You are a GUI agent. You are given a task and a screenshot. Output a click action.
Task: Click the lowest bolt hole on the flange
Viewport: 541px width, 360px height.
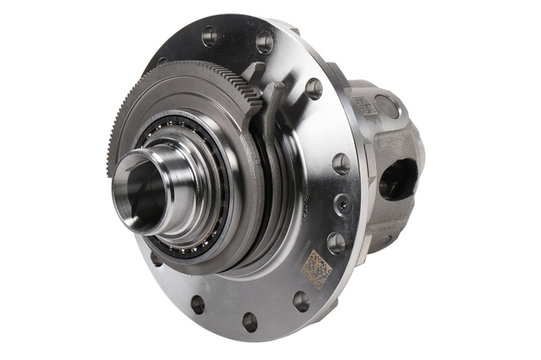click(249, 321)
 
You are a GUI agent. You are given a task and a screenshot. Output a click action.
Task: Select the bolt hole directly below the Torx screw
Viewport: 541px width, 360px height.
click(336, 243)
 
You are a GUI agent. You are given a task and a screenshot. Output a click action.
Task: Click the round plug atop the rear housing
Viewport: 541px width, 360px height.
click(386, 106)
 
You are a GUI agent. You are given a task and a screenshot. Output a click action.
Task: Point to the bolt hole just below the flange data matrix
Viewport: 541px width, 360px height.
click(300, 301)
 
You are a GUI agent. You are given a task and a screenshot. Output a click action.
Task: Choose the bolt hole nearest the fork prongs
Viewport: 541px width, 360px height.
click(314, 89)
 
